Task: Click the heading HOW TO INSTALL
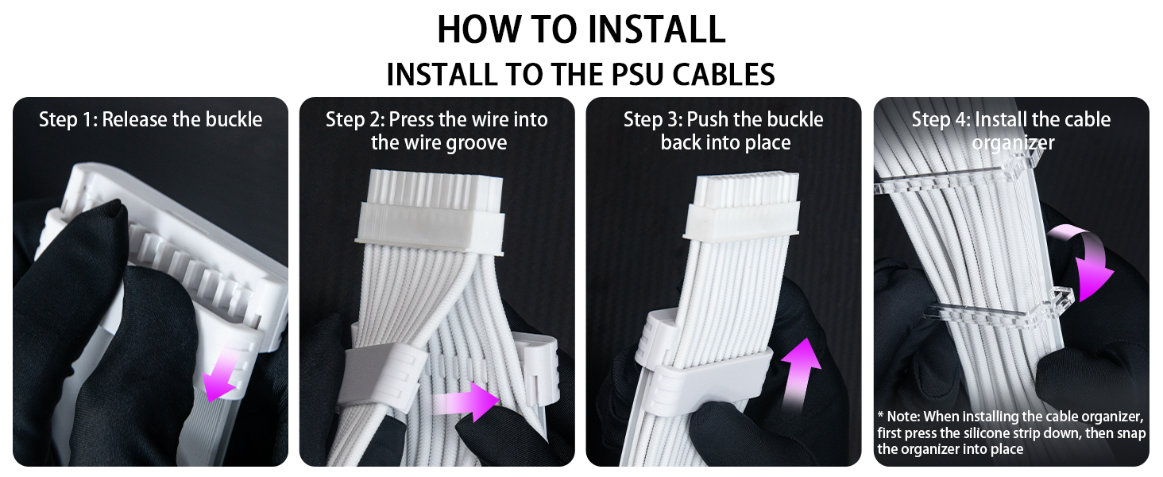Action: tap(581, 29)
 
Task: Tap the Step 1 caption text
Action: tap(150, 120)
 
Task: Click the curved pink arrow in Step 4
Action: tap(1085, 258)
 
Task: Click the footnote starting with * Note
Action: tap(1010, 433)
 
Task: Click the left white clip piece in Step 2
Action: tap(373, 374)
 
